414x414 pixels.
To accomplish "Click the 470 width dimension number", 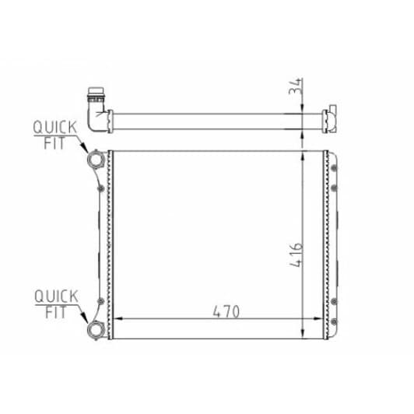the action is click(226, 311).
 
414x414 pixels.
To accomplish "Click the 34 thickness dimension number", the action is click(295, 86).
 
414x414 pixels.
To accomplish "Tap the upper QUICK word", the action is click(55, 128).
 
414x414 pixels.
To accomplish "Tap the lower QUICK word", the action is click(56, 296).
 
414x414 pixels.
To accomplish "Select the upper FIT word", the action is click(54, 143).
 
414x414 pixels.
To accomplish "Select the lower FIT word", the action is click(55, 312).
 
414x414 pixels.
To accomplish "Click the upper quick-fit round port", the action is click(96, 160).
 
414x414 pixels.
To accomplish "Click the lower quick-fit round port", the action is click(96, 330).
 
